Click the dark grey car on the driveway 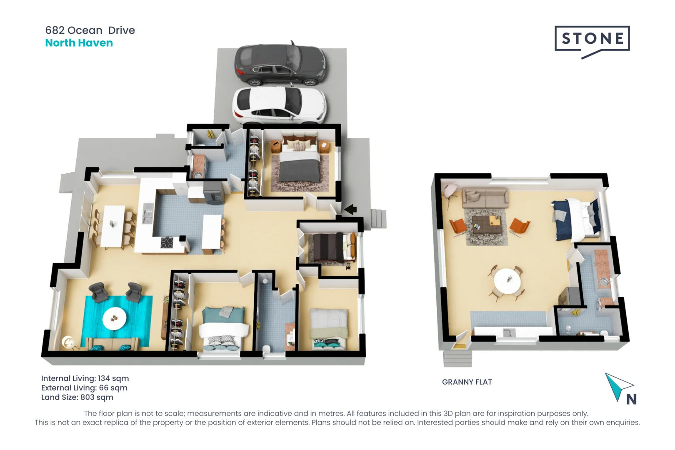click(x=280, y=65)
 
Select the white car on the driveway click(x=279, y=105)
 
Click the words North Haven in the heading click(x=79, y=43)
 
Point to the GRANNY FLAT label click(x=467, y=382)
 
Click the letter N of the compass click(x=631, y=400)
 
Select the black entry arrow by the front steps click(x=350, y=209)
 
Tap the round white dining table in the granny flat click(x=507, y=280)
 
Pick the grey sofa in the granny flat click(x=485, y=197)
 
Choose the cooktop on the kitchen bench click(x=167, y=242)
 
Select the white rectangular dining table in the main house click(x=113, y=226)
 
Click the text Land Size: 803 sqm click(x=77, y=397)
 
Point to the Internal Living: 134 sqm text click(x=85, y=378)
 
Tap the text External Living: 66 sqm click(x=84, y=388)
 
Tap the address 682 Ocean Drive click(x=90, y=30)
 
